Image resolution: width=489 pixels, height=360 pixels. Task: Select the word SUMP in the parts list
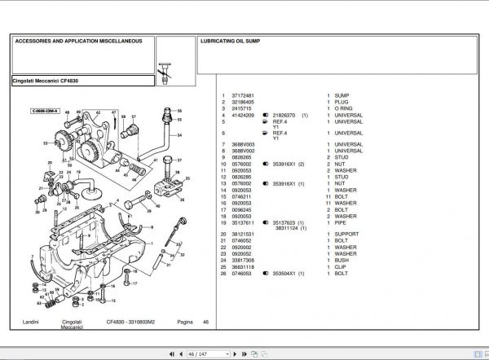coord(341,95)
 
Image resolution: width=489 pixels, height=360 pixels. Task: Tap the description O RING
coord(344,107)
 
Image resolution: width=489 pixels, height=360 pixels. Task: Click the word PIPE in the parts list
coord(341,222)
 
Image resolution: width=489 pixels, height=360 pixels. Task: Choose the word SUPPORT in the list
coord(346,235)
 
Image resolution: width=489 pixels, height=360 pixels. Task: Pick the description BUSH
coord(341,260)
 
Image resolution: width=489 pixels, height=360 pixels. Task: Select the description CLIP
coord(341,266)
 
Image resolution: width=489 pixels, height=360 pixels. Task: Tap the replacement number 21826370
coord(285,115)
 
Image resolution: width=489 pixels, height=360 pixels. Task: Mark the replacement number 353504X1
coord(285,273)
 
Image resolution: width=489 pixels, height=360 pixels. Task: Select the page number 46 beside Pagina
coord(206,323)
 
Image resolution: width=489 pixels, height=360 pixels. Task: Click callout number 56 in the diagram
coord(179,110)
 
